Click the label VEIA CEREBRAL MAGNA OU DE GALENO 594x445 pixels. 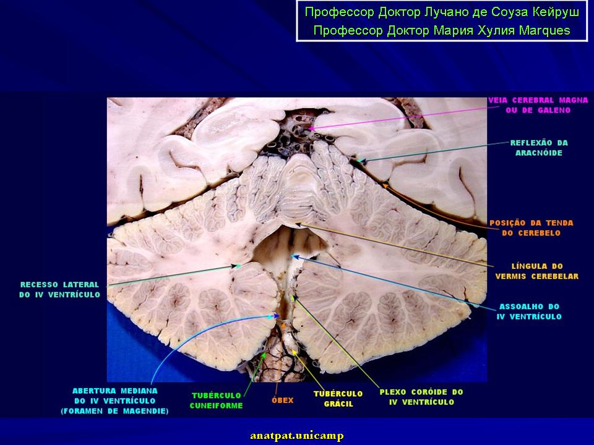[538, 105]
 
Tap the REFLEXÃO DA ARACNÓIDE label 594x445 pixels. [539, 148]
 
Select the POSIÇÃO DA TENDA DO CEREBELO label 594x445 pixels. [531, 228]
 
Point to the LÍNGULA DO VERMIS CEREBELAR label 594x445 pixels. [537, 271]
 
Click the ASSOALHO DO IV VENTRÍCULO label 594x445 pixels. [529, 311]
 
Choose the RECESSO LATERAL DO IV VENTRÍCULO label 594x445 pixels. [60, 289]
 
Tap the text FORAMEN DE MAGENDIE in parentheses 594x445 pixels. [115, 411]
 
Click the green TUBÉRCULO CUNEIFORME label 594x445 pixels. [217, 400]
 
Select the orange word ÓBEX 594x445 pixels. [283, 400]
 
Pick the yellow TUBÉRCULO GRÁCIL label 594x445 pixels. [338, 399]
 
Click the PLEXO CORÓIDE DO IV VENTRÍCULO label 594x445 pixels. [421, 397]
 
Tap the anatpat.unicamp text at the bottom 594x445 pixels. [297, 436]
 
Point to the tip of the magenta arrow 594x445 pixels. [308, 129]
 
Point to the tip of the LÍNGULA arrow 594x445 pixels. [296, 224]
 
